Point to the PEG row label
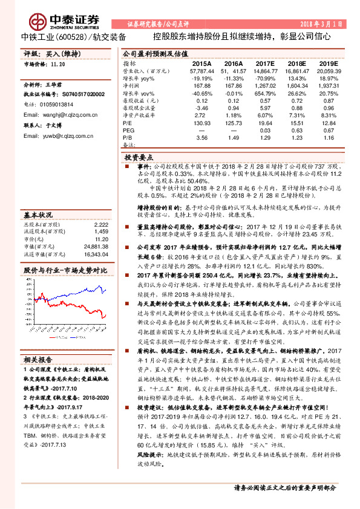[x=128, y=130]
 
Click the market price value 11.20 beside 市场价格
[x=58, y=63]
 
